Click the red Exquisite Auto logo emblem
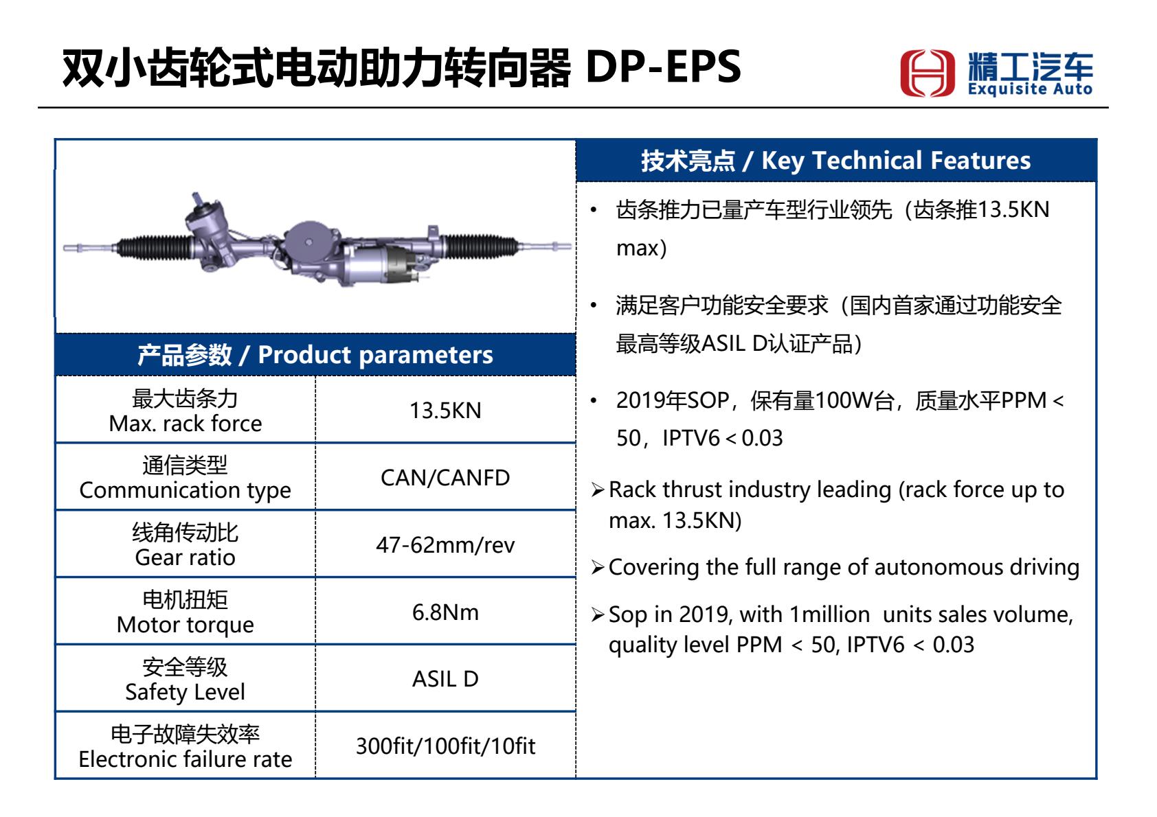pos(927,73)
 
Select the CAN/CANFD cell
pos(445,478)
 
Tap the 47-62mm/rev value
pos(445,545)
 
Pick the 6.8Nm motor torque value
pos(445,612)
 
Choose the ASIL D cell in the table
pos(445,679)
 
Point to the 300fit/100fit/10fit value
pos(445,746)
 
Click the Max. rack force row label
pos(186,424)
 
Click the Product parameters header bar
pos(315,355)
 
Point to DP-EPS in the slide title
pos(664,67)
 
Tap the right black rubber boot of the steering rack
pos(481,246)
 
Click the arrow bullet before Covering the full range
pos(598,568)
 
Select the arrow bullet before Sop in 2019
pos(598,614)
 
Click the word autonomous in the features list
pos(937,567)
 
